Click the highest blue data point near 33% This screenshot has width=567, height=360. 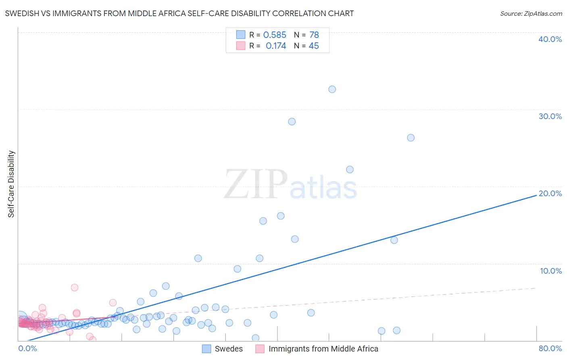click(332, 89)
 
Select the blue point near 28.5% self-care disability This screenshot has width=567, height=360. click(292, 121)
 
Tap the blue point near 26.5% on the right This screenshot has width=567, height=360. click(411, 138)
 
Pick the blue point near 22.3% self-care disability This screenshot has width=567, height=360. click(350, 170)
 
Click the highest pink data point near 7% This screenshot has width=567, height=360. click(75, 287)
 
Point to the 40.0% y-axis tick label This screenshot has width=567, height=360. click(550, 39)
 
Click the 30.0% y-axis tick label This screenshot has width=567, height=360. click(550, 116)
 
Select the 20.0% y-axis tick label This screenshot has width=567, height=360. click(550, 193)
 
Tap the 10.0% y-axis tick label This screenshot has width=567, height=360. click(551, 270)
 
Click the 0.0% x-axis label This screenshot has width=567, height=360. click(27, 348)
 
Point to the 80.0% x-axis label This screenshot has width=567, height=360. click(550, 348)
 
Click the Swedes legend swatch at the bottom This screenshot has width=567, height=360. click(206, 349)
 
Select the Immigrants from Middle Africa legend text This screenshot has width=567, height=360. click(323, 349)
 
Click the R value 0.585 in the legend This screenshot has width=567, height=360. click(275, 35)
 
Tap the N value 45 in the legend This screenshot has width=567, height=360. click(314, 46)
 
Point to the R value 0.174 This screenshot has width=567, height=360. click(276, 46)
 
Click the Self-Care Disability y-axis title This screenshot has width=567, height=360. click(11, 184)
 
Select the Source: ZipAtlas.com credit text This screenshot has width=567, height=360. click(531, 14)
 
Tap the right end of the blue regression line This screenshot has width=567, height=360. click(536, 195)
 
